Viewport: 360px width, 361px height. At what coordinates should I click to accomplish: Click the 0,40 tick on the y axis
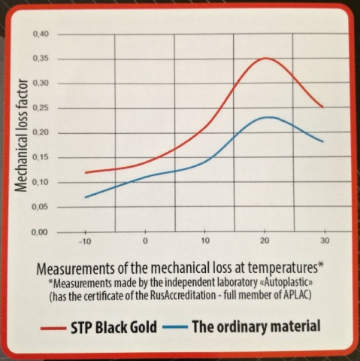40,35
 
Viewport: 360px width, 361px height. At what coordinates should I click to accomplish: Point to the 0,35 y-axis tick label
40,60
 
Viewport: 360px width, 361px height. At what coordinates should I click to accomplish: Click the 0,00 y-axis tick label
40,232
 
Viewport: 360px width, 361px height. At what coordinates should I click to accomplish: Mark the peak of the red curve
265,59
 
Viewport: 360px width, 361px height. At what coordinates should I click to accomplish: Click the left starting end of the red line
86,172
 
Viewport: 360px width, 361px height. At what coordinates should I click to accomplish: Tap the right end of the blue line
323,141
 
